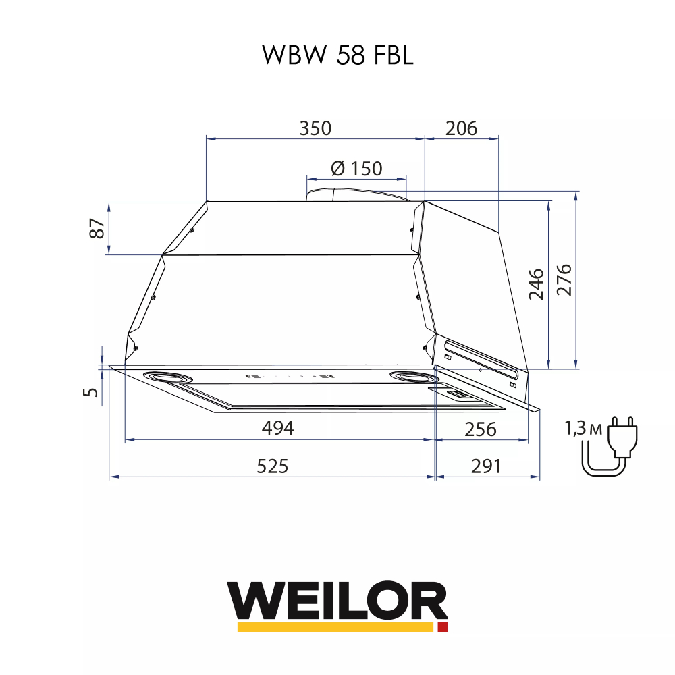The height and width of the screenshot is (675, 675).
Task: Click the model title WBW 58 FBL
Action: pyautogui.click(x=337, y=56)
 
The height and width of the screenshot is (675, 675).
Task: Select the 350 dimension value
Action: pyautogui.click(x=315, y=128)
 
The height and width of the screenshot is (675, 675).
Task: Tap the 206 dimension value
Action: pyautogui.click(x=462, y=128)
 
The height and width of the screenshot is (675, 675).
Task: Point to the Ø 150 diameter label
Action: pyautogui.click(x=356, y=168)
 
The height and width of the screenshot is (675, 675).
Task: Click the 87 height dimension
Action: pyautogui.click(x=98, y=229)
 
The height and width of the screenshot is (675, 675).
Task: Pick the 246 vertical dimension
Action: pyautogui.click(x=536, y=284)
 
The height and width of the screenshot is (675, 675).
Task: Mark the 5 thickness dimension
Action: pyautogui.click(x=93, y=391)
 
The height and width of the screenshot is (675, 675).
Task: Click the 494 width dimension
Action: pyautogui.click(x=278, y=428)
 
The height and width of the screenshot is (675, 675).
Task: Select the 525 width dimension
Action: pyautogui.click(x=272, y=466)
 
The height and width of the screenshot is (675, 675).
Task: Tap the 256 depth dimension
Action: pyautogui.click(x=480, y=429)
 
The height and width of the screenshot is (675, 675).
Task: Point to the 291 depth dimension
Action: pyautogui.click(x=485, y=466)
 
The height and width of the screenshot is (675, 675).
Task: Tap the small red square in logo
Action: pyautogui.click(x=443, y=627)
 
